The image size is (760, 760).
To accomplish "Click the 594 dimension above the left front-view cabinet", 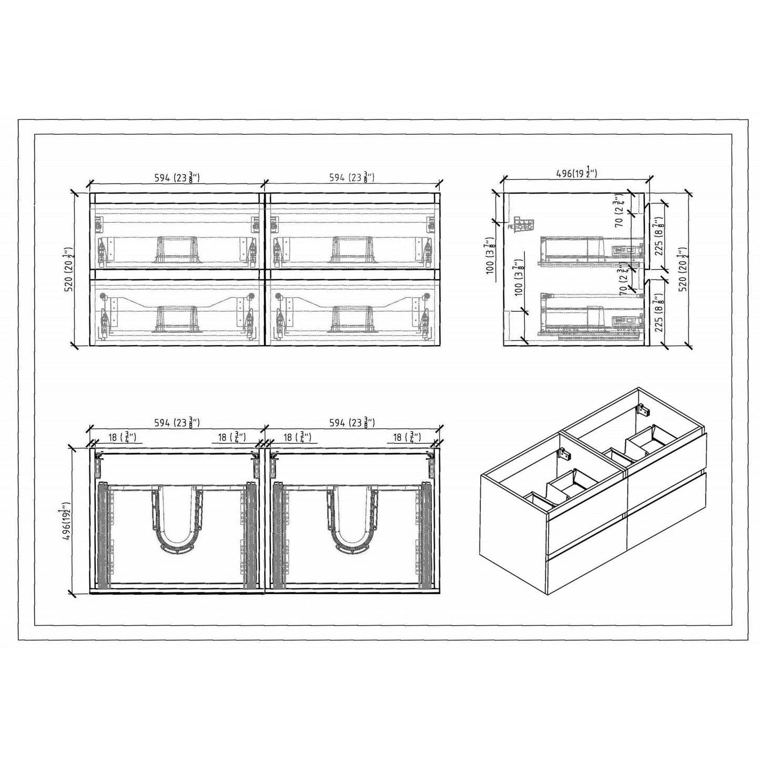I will click(x=177, y=178).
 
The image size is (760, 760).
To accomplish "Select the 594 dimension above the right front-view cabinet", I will click(x=352, y=178).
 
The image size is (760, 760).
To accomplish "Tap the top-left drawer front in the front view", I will click(x=177, y=231).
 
